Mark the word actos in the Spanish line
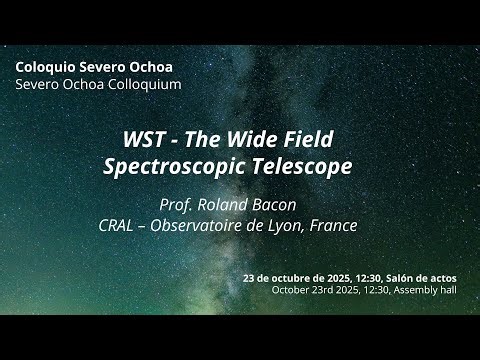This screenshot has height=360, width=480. pyautogui.click(x=457, y=277)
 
